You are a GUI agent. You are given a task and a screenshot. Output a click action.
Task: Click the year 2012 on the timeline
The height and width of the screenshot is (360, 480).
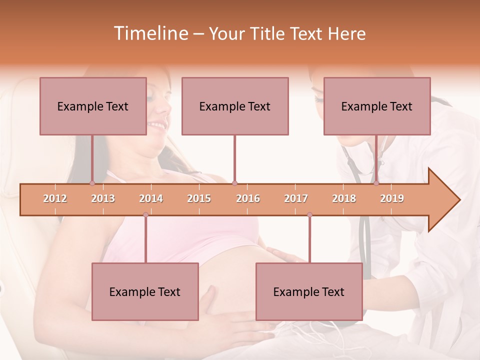coord(55,198)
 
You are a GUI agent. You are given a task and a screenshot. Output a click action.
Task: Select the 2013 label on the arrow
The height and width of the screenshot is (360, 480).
coord(103,198)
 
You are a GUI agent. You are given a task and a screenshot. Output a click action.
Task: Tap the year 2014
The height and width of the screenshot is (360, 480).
coord(151,198)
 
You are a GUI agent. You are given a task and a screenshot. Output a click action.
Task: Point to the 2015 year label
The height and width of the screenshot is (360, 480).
coord(199,198)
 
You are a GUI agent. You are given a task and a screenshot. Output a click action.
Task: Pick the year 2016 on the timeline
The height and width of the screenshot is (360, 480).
coord(248,198)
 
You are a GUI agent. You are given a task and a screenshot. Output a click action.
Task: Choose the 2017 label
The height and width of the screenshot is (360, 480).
coord(296,198)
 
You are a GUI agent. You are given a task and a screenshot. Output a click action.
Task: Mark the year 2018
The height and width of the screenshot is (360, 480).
coord(344,198)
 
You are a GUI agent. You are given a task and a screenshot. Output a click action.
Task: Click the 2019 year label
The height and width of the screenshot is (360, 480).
coord(392,198)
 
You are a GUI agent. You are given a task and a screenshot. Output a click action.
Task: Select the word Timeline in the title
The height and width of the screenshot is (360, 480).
coord(150,33)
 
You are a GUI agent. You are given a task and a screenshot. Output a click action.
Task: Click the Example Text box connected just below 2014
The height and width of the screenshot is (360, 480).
coord(145,291)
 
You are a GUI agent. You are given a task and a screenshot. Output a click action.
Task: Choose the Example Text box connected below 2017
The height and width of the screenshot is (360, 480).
coord(309,291)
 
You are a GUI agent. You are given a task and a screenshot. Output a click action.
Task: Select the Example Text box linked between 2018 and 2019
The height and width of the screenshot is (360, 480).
coord(377,106)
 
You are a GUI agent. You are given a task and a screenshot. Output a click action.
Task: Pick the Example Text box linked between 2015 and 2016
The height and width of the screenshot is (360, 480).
coord(235,106)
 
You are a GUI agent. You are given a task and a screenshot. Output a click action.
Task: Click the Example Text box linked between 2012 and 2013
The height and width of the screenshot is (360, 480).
coord(93,106)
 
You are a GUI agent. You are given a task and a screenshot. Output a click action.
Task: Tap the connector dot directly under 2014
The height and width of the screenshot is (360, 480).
coord(145,214)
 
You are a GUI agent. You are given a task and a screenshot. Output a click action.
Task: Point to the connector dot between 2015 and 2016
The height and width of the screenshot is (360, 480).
coord(235,183)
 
